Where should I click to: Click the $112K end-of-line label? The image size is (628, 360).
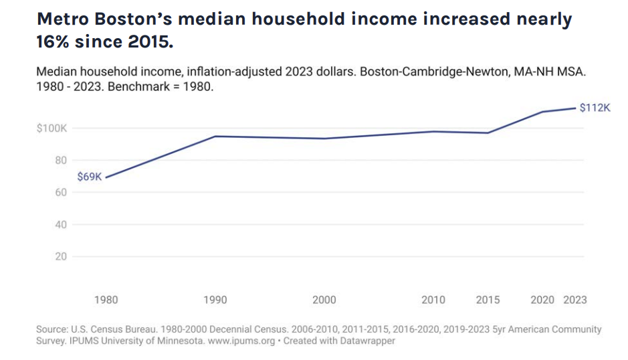coord(595,107)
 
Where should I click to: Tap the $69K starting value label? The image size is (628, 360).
coord(89,177)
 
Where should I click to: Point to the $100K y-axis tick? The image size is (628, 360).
coord(52,128)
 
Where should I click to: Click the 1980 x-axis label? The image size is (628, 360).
coord(106,300)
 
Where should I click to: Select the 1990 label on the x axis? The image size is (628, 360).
coord(215,300)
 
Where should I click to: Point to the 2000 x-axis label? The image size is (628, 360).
coord(324,300)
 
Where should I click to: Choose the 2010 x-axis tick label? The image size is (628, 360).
coord(433,300)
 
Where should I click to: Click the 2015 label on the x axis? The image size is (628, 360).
coord(488,300)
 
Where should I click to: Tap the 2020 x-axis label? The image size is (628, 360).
coord(542,300)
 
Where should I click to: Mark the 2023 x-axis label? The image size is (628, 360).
coord(574,300)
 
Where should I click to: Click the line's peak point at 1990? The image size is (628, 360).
coord(215,137)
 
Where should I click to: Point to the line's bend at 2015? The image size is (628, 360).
coord(488,132)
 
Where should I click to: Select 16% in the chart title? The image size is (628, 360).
coord(54,43)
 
